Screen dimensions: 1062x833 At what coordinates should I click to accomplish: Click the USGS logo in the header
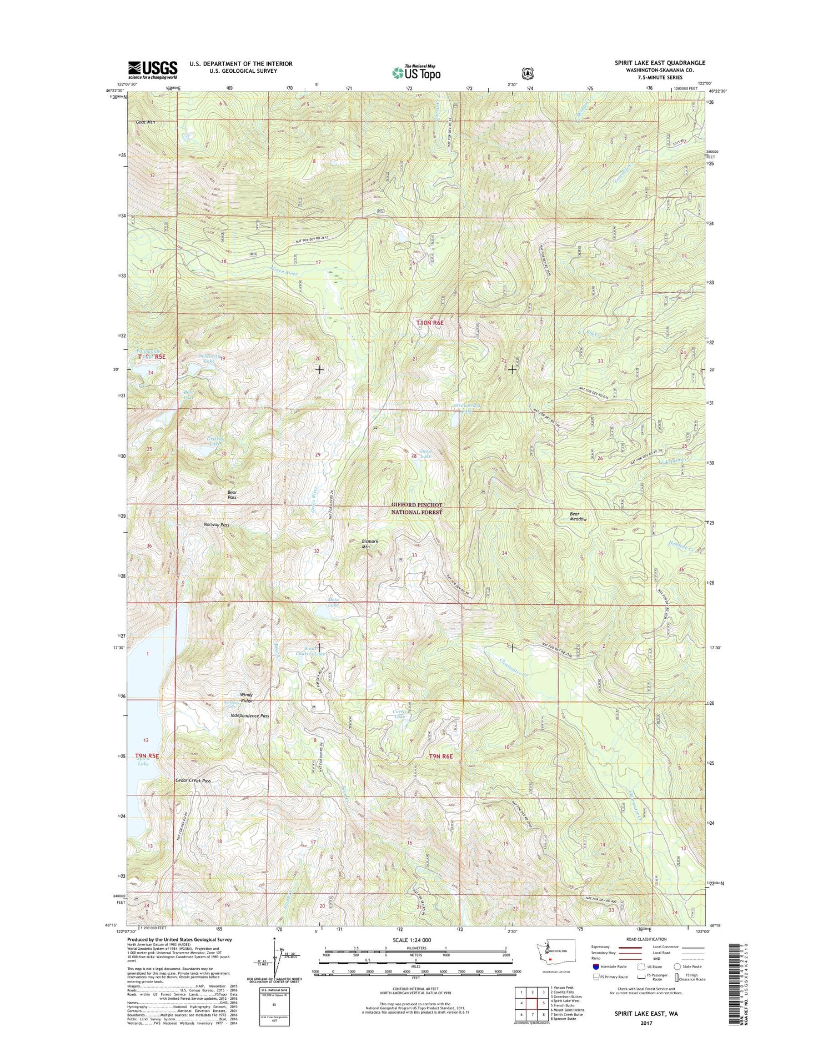click(153, 69)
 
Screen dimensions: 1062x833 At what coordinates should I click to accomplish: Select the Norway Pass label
click(217, 524)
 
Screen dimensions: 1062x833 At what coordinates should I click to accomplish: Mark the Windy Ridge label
click(247, 698)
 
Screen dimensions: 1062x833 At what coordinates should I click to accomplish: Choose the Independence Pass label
click(250, 716)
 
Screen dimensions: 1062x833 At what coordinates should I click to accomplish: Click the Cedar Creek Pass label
click(193, 780)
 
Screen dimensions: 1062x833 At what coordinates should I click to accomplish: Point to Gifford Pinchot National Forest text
click(417, 508)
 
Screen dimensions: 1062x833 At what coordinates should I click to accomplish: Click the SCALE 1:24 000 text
click(410, 940)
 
